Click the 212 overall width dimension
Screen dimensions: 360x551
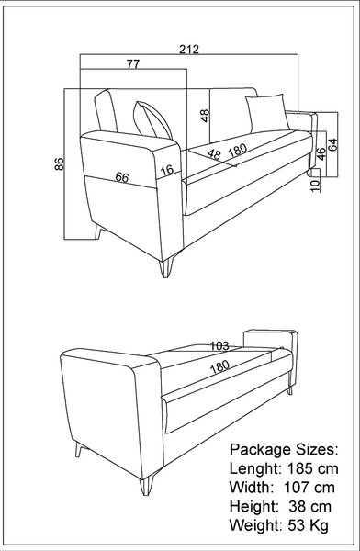pos(189,49)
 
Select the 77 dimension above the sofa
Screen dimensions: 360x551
pos(133,64)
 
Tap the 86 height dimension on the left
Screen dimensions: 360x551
pos(59,164)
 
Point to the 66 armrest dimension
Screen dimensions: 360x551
pos(122,177)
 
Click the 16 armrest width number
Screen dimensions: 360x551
pos(167,171)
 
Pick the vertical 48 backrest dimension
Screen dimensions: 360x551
pos(205,116)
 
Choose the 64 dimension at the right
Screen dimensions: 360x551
pos(332,144)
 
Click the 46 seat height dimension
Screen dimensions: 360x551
pos(321,153)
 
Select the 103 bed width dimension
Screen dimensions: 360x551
pos(219,346)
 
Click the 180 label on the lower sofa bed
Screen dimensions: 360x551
pos(219,366)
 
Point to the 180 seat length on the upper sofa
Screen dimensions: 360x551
pos(238,150)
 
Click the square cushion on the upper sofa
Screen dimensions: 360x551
pos(268,113)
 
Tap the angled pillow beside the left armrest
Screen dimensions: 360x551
pos(152,120)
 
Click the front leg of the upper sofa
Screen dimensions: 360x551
pos(166,268)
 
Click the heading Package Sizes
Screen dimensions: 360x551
pos(284,449)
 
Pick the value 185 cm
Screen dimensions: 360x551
pos(313,468)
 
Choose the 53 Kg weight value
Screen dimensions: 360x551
pos(309,525)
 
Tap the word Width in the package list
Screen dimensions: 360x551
pos(251,488)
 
